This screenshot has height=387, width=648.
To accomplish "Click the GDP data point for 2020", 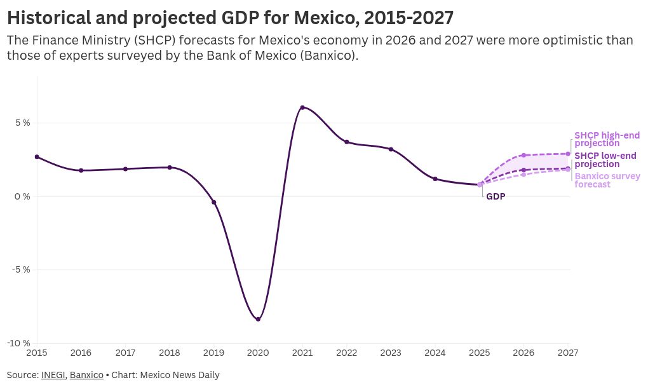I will click(x=258, y=319).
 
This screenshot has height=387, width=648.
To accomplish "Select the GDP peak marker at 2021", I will click(x=302, y=107).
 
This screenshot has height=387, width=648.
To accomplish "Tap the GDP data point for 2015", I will click(x=37, y=157).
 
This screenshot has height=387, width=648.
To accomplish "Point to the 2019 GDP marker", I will click(x=213, y=203).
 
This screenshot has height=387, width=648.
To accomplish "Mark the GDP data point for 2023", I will click(x=391, y=149).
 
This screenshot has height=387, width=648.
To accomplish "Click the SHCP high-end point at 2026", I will click(x=523, y=155).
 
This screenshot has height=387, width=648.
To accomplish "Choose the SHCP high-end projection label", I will click(x=607, y=139).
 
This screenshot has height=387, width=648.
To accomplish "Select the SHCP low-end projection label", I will click(x=605, y=160).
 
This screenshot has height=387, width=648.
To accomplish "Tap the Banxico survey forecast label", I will click(x=607, y=180).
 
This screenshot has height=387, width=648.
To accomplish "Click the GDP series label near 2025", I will click(x=496, y=197).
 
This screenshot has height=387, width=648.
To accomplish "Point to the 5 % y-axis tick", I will click(x=22, y=123).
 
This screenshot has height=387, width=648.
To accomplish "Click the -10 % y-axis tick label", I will click(x=20, y=343).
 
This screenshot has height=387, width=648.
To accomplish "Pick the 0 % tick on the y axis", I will click(x=22, y=196).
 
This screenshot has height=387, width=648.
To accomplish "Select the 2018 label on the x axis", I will click(x=170, y=352).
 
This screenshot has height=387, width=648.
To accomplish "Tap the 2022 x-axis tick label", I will click(x=346, y=352).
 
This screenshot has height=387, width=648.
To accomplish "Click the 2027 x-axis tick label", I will click(x=567, y=352).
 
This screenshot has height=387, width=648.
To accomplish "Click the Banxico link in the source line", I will click(x=86, y=375).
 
